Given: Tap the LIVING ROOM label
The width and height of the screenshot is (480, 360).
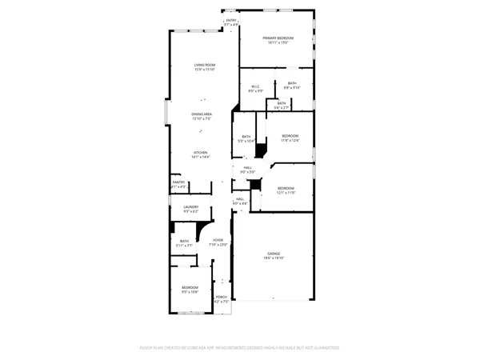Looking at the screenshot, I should point(205,65).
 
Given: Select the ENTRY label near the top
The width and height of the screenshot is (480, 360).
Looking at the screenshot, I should point(231,20).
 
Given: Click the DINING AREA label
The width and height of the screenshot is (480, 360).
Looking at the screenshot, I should point(201,114).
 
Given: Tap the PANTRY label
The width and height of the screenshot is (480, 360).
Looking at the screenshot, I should point(178,182).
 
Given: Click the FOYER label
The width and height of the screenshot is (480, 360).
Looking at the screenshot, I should point(218,240).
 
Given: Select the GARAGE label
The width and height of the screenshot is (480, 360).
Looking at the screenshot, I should point(274,254).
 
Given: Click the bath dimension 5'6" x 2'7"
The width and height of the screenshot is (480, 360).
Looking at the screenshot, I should point(281,107).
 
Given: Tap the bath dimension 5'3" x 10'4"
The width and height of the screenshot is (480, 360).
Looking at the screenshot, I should point(246,141).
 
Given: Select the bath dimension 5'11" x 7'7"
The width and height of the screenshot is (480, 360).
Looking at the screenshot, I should point(184,246).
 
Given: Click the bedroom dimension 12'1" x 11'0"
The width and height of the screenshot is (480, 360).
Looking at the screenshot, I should point(286,193).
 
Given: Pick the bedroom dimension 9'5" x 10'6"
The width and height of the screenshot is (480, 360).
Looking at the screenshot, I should point(190,291).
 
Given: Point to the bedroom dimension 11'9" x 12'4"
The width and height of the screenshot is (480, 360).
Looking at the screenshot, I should point(290,141).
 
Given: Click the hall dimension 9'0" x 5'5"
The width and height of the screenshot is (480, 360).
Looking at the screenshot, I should point(247,172).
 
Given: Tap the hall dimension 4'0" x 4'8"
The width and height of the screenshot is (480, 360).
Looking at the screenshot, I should point(240,203).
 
